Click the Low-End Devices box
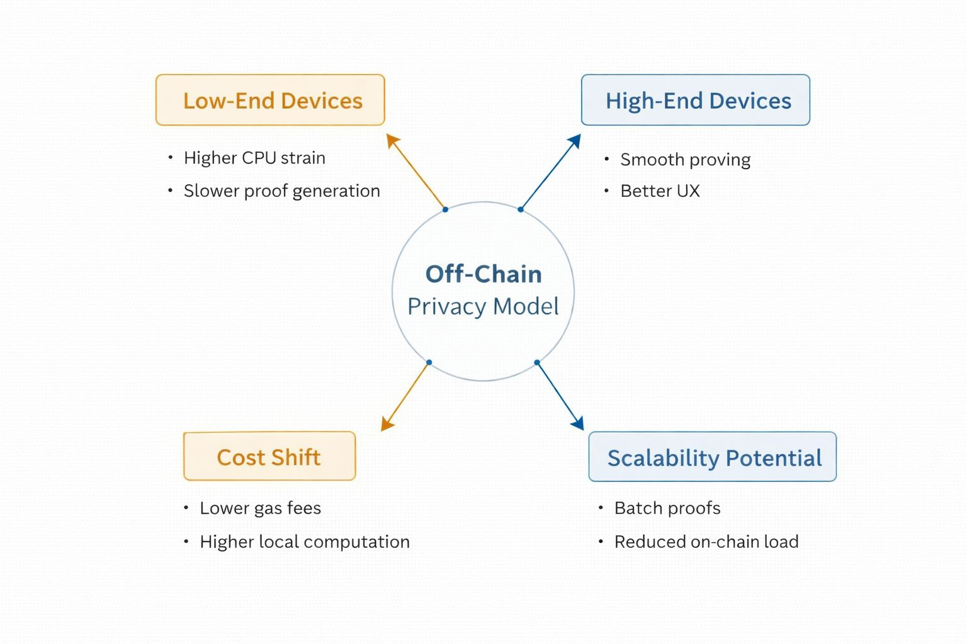pos(270,100)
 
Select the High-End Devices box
pos(696,100)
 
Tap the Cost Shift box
pos(269,456)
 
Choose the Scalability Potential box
pos(712,457)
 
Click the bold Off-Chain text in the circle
pos(483,274)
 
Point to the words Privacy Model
pos(483,307)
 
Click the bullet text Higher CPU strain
pos(254,158)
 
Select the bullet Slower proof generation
pos(282,191)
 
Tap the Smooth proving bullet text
pos(685,160)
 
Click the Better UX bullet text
pos(660,191)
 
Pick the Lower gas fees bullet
pos(260,508)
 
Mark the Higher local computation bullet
pos(305,541)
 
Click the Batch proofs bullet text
pos(667,508)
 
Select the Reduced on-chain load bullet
pos(706,541)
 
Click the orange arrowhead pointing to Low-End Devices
pos(392,141)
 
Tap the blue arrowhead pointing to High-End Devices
pos(575,141)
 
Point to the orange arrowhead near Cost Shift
pos(387,424)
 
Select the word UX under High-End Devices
pos(688,191)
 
